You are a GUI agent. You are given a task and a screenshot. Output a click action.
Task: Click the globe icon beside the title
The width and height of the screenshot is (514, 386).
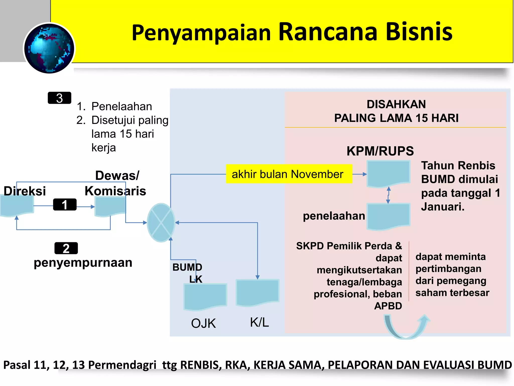point(49,48)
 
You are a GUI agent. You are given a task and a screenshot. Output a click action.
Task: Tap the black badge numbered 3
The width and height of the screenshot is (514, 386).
point(59,98)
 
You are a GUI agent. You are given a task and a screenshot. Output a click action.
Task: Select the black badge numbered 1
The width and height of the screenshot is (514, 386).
point(65,205)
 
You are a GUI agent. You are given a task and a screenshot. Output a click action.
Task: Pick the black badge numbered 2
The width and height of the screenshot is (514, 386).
point(66,248)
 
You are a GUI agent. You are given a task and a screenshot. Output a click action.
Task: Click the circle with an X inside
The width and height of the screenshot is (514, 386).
point(161,223)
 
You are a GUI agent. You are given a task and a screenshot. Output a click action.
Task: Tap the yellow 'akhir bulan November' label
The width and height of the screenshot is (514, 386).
point(289,174)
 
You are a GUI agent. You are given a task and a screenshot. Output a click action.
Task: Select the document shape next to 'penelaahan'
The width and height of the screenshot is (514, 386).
point(388,216)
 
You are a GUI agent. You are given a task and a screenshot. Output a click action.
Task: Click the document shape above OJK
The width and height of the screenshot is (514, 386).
point(205,296)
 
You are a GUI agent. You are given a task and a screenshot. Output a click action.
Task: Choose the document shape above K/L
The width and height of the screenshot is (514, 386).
point(258,292)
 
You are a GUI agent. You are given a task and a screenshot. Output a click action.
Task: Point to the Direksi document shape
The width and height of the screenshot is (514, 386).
point(17,206)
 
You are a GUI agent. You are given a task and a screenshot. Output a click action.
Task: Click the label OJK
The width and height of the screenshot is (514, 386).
point(203,323)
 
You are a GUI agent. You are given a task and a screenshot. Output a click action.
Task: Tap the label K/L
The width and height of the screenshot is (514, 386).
point(259,322)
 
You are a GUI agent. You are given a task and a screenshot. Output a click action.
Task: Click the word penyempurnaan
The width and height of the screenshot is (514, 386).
point(83,263)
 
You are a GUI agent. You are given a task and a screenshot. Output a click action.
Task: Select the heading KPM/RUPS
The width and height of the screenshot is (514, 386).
point(380,151)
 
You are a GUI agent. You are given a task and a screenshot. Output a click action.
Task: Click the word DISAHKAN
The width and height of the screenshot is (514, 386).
point(396,104)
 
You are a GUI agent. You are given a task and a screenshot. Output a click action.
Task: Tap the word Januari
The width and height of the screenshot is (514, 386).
point(443,207)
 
